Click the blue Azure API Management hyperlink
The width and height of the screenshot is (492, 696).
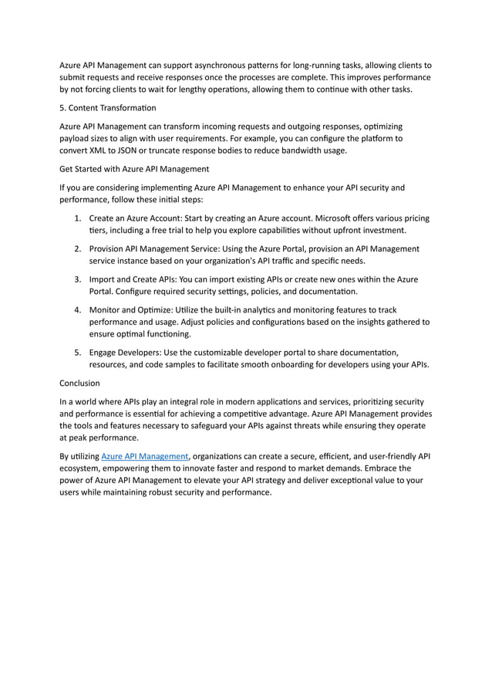click(x=145, y=456)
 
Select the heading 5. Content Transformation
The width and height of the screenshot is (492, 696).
click(x=107, y=107)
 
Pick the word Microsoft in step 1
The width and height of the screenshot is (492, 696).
click(x=297, y=218)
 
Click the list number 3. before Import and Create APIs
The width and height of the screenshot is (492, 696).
click(x=79, y=279)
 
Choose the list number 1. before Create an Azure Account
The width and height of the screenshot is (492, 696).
click(x=79, y=218)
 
